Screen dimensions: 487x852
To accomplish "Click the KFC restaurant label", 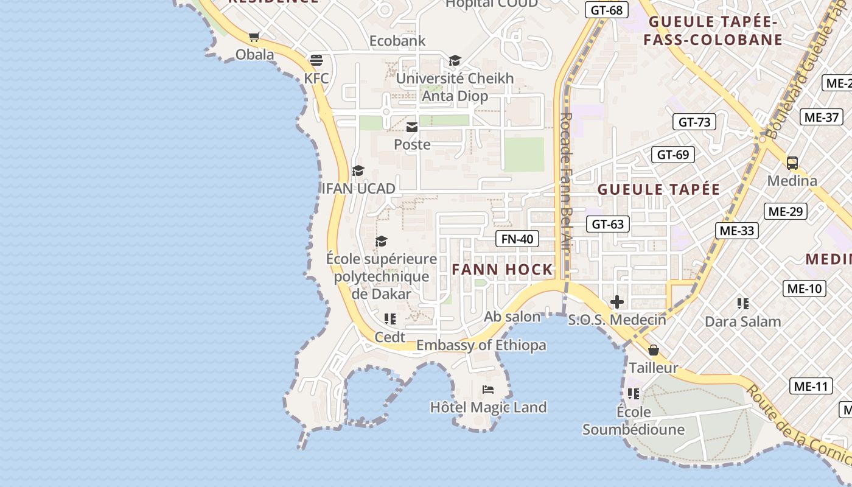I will coord(316,78).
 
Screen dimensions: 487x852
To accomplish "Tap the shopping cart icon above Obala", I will coord(254,37).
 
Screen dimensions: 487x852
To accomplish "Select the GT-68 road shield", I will coord(607,10).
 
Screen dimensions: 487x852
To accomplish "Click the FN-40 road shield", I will coord(517,239).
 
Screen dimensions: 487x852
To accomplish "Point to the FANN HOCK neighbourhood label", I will coord(503,269).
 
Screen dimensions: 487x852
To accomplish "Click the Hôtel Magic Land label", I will coord(488,407).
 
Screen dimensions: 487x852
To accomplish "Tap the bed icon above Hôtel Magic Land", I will coord(488,390).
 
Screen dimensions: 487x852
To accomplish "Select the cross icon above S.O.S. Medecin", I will coord(617,302).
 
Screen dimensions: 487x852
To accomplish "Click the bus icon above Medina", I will coord(792,163).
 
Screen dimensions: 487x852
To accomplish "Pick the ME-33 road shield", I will coord(736,230).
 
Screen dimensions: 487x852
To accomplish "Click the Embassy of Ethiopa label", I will coord(481,345).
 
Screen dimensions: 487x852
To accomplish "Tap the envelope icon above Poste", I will coord(412,127).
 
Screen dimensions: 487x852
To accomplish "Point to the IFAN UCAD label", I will coord(358,188).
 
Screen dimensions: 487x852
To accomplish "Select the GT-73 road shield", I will coord(694,122).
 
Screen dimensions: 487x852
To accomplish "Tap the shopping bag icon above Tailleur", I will coord(654,351).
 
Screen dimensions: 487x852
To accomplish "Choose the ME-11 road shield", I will coord(811,385).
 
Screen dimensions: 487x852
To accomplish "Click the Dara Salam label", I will coord(742,321).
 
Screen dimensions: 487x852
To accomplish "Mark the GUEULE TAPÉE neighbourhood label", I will coord(658,189).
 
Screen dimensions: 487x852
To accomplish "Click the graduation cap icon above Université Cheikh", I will coord(455,60).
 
